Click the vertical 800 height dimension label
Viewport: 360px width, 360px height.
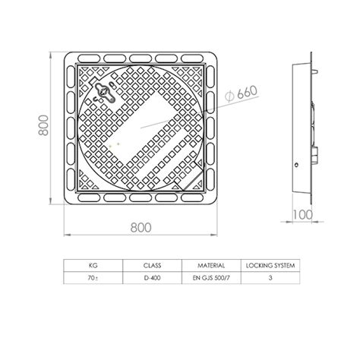pyautogui.click(x=43, y=125)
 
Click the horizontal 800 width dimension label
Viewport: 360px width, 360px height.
pyautogui.click(x=141, y=228)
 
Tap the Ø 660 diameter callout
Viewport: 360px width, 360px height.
pyautogui.click(x=241, y=93)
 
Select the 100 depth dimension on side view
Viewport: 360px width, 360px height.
pyautogui.click(x=303, y=215)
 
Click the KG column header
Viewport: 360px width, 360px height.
pyautogui.click(x=93, y=266)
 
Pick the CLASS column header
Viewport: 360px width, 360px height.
pyautogui.click(x=152, y=266)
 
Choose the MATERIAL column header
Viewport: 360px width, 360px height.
pyautogui.click(x=211, y=266)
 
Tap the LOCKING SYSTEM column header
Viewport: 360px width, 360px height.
pyautogui.click(x=270, y=266)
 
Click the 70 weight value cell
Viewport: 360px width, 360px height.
pyautogui.click(x=93, y=278)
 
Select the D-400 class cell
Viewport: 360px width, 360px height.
pyautogui.click(x=152, y=278)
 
